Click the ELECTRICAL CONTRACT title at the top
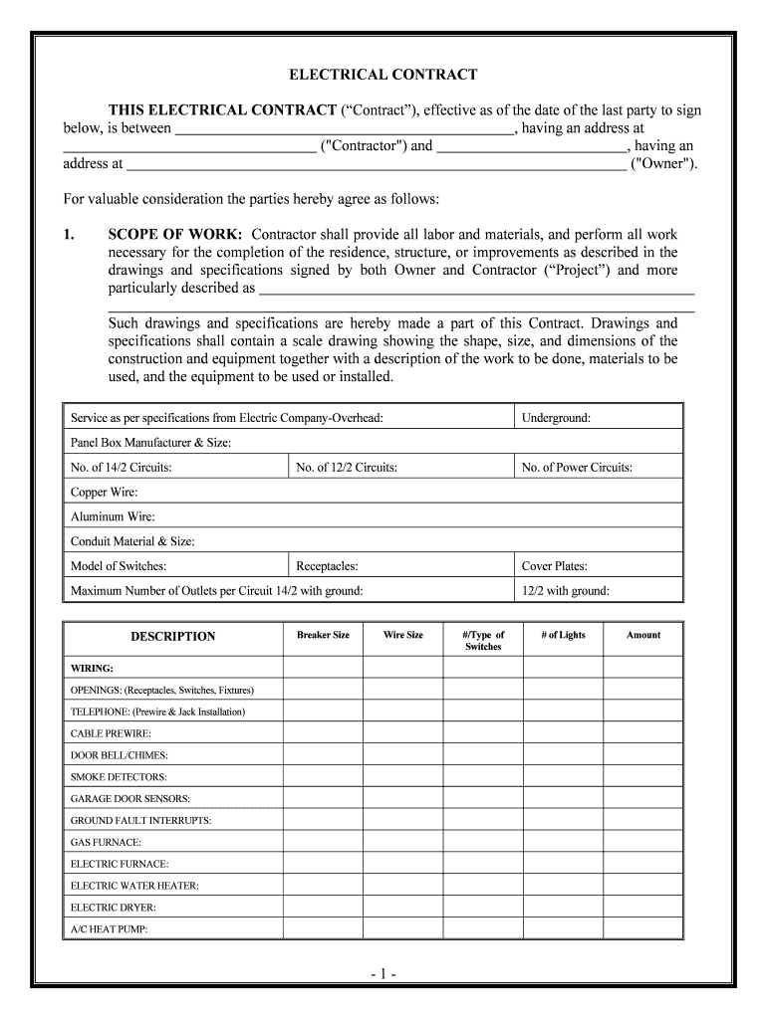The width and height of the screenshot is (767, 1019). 383,75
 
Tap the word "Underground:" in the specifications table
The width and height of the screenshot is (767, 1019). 556,418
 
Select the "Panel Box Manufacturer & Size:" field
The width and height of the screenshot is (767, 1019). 151,443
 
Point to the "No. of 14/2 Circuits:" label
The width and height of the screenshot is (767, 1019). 121,467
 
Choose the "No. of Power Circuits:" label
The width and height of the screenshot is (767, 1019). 577,467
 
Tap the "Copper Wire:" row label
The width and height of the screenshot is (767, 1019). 105,492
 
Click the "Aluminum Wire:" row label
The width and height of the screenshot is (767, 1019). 113,516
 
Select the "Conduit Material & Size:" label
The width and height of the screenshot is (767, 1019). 132,541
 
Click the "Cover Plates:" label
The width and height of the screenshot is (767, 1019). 554,566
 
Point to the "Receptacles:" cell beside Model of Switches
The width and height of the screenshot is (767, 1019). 327,566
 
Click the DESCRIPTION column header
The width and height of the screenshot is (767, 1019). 173,636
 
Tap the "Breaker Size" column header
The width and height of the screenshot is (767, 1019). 323,635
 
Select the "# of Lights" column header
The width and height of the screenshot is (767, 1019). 563,635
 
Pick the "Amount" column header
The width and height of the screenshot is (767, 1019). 642,635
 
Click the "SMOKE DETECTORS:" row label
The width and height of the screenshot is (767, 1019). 119,777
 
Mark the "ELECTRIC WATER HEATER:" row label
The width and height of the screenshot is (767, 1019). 134,886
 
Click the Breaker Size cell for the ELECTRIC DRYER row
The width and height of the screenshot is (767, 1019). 323,908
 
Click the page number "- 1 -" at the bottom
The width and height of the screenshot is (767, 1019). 383,972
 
